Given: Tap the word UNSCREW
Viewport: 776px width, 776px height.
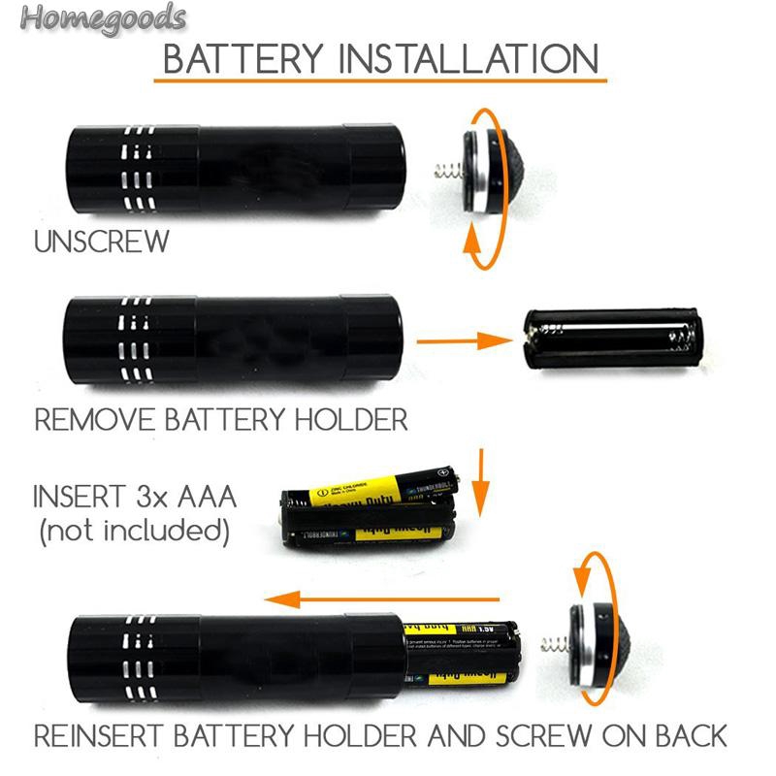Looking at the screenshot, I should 102,242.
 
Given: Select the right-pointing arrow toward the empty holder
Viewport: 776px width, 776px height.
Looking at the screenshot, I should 463,341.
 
